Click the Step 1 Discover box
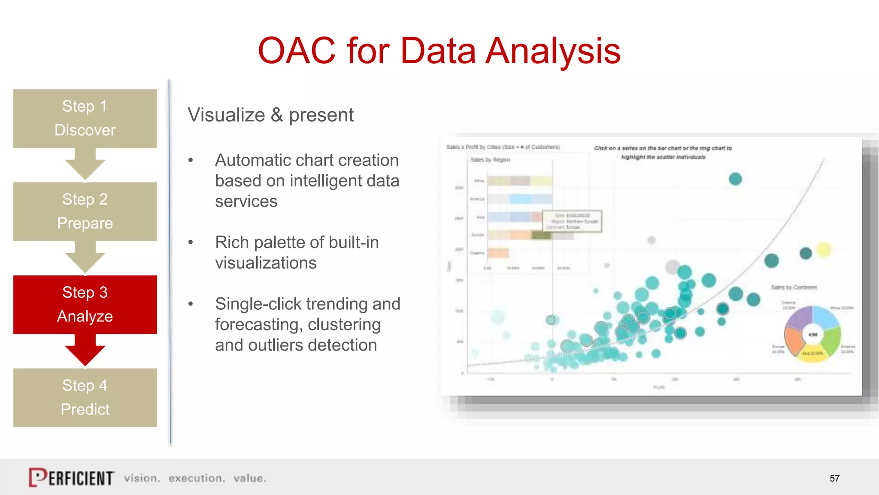(85, 118)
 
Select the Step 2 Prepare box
(85, 211)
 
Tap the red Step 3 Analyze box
(85, 304)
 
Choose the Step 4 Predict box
(85, 397)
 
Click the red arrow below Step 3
(85, 350)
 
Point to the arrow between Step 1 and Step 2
(85, 165)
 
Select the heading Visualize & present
(270, 115)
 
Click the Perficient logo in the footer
(72, 477)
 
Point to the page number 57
(834, 478)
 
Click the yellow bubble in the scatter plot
(824, 250)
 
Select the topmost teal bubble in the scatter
(735, 179)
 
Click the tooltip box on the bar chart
(572, 221)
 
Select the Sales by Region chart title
(490, 160)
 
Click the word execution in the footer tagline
(197, 478)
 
